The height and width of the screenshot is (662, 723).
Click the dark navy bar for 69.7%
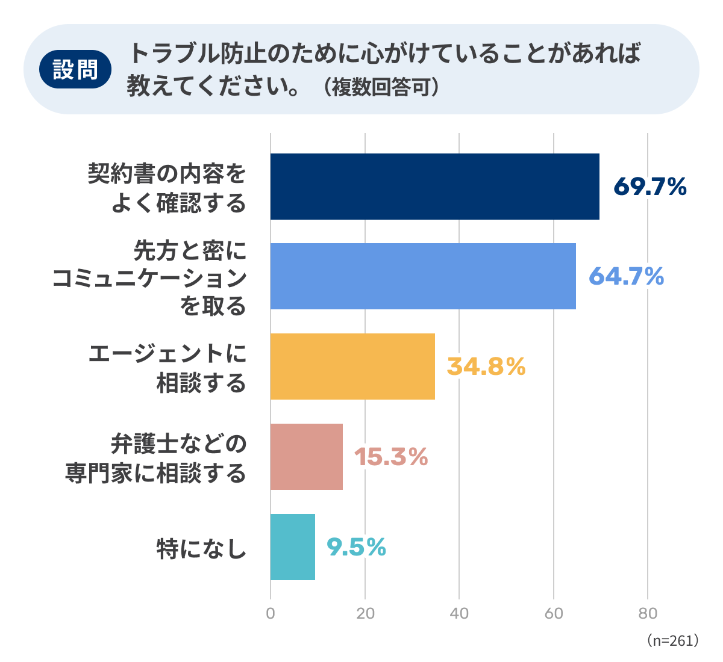click(x=434, y=187)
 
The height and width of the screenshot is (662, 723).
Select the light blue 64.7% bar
click(x=423, y=276)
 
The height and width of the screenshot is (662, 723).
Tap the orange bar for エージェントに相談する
click(x=352, y=367)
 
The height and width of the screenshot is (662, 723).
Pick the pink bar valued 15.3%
click(x=306, y=457)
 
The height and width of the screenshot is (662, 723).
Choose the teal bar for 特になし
click(x=293, y=546)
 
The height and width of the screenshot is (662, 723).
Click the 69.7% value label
click(x=650, y=187)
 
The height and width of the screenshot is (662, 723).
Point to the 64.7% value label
click(x=627, y=276)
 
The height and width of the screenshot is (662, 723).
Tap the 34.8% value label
click(x=486, y=367)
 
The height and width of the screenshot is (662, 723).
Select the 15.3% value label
click(x=391, y=457)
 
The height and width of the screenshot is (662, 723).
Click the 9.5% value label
click(x=357, y=547)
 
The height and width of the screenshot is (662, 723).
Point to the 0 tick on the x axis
click(x=271, y=614)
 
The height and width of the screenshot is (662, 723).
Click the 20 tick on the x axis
click(x=365, y=614)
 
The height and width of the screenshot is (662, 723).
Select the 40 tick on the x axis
click(x=459, y=614)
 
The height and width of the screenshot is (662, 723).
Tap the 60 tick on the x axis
click(x=554, y=614)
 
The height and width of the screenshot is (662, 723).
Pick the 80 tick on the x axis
click(x=648, y=614)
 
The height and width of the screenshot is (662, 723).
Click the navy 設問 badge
click(x=75, y=69)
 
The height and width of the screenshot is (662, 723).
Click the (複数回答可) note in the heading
click(x=381, y=87)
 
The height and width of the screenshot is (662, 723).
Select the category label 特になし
click(x=201, y=549)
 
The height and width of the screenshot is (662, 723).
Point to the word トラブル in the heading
click(x=174, y=54)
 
